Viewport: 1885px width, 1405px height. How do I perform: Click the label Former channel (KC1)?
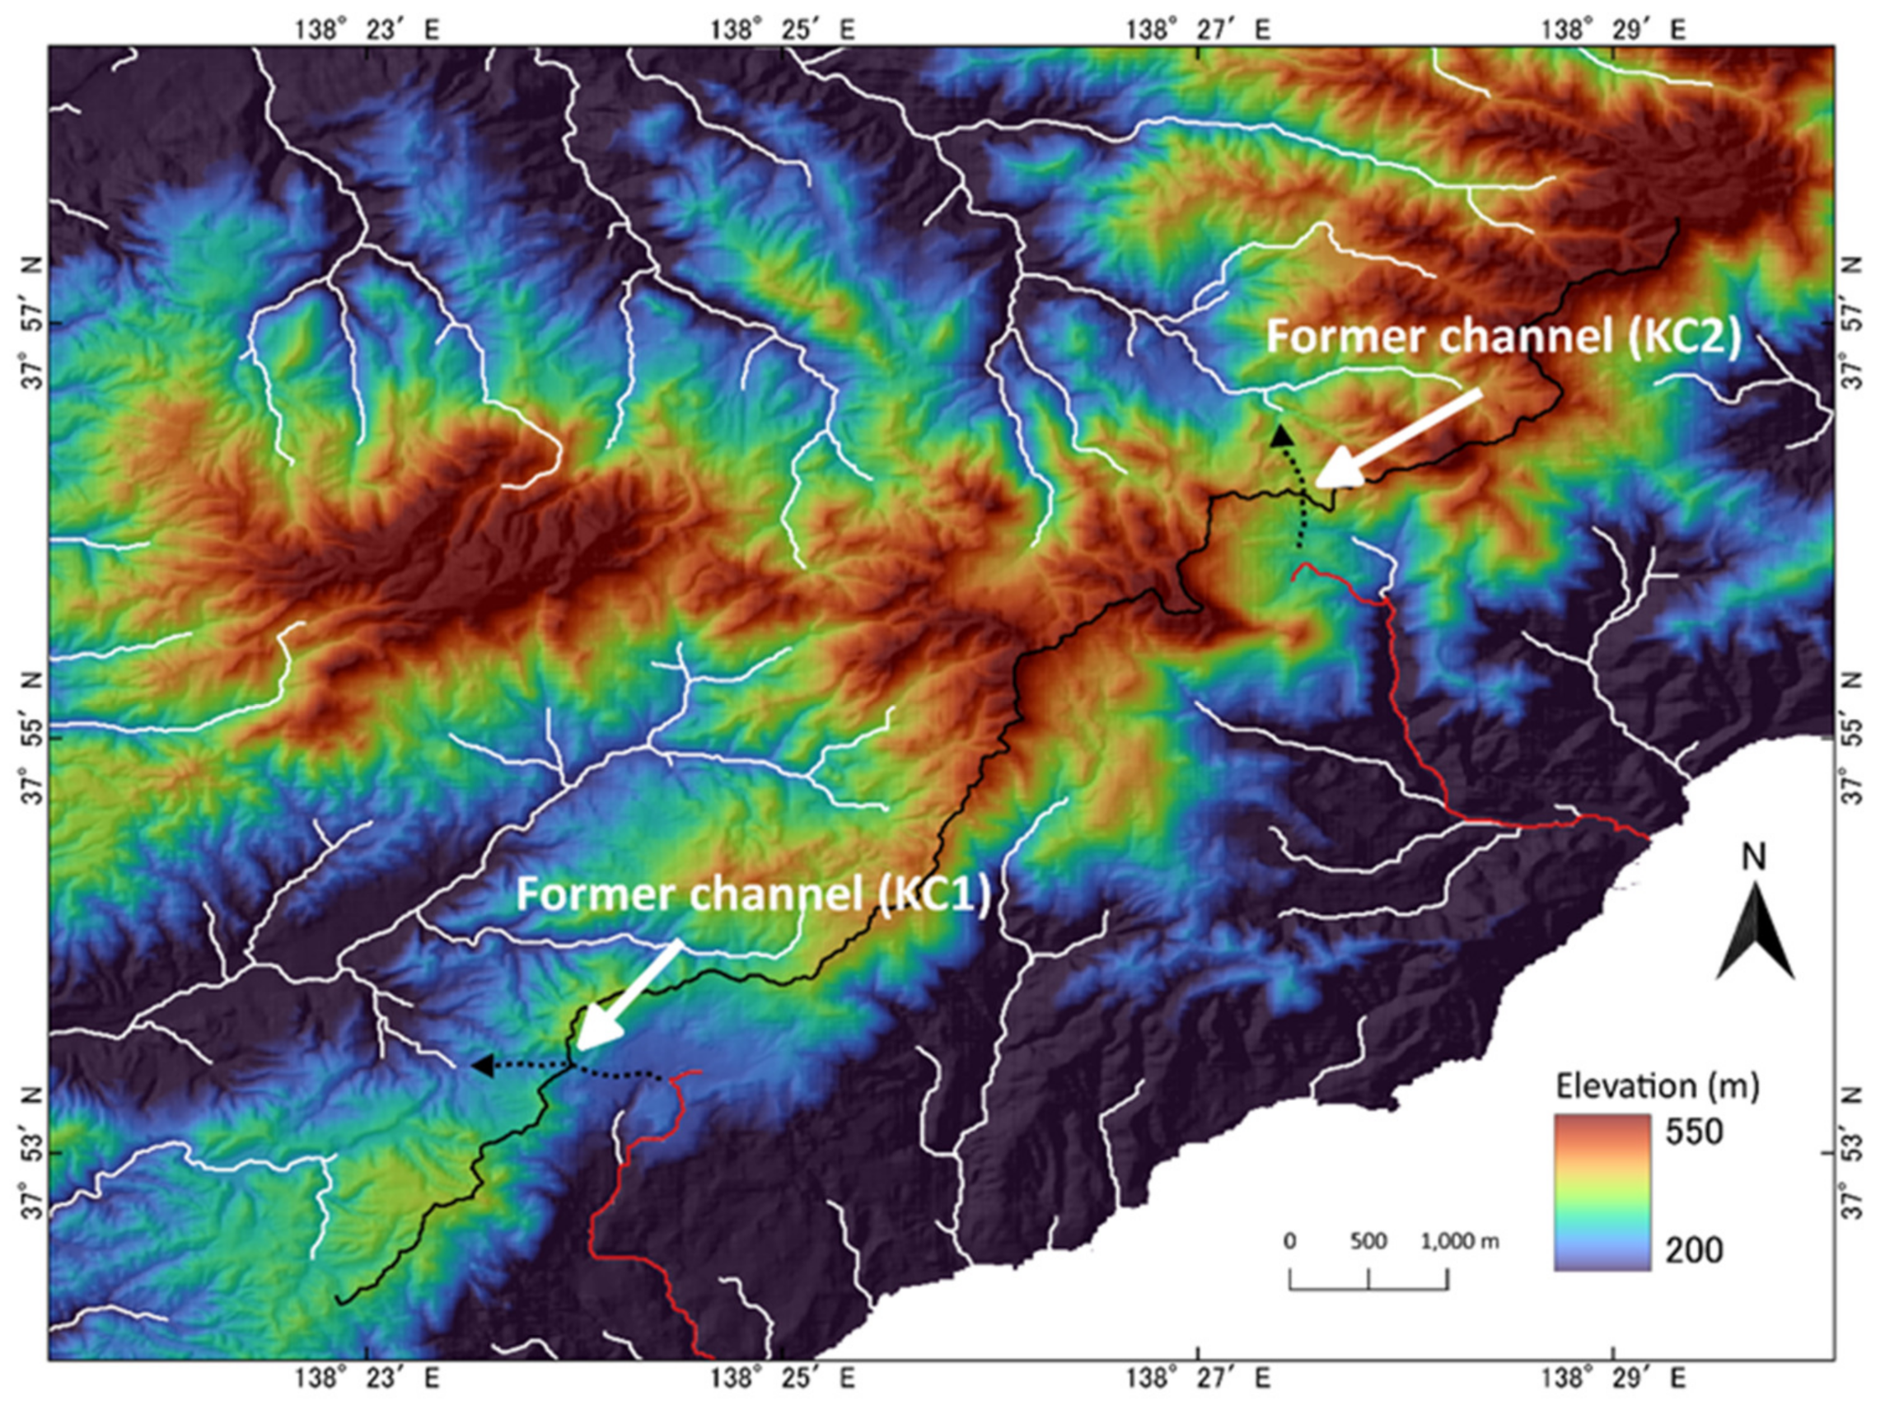[754, 895]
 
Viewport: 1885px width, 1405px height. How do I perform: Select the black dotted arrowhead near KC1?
[481, 1065]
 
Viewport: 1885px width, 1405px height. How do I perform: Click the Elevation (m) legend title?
[1658, 1086]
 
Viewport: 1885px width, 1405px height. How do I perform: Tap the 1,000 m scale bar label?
[1460, 1241]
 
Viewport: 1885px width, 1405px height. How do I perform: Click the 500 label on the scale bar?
[1368, 1241]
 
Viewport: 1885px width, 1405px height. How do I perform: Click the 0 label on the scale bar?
[1290, 1241]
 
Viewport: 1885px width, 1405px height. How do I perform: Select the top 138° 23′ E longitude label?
[367, 30]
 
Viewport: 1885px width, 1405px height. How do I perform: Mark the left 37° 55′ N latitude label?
[32, 738]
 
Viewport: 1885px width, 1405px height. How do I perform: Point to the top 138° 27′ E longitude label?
[1199, 30]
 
